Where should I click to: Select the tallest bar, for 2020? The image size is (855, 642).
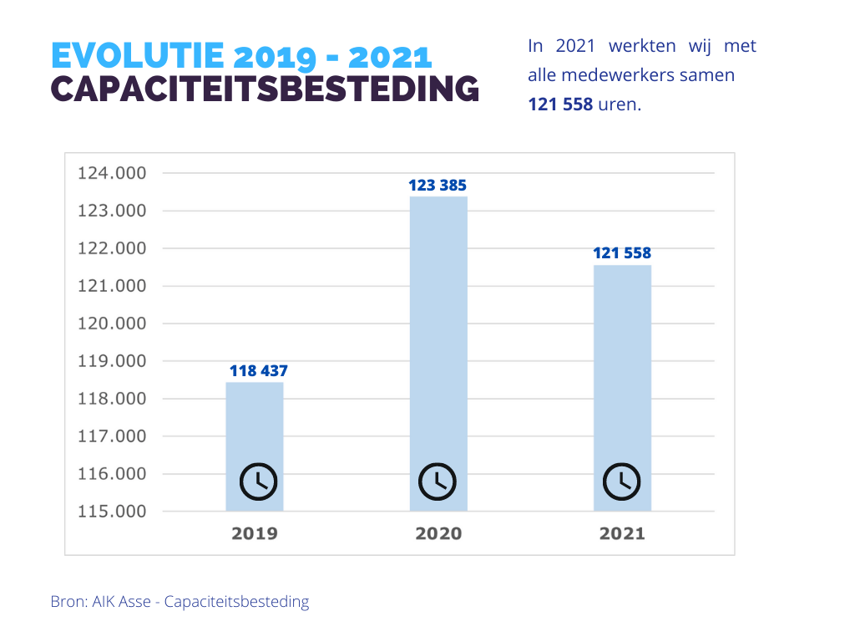coord(438,334)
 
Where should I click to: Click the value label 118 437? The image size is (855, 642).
coord(259,370)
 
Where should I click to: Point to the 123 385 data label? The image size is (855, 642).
coord(438,185)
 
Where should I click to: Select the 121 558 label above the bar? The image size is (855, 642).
coord(622,253)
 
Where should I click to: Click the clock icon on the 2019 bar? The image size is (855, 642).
coord(259,481)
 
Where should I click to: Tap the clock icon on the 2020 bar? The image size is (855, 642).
coord(438,481)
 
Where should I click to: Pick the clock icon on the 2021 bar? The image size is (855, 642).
coord(622,481)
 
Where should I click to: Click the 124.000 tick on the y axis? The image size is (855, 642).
coord(112,173)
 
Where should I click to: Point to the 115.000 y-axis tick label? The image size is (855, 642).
coord(112,512)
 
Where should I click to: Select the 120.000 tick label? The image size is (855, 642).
coord(112,324)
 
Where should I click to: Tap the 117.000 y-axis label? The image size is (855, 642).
coord(112,436)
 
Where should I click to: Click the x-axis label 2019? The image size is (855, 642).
coord(255,533)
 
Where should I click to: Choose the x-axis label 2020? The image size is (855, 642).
coord(438,533)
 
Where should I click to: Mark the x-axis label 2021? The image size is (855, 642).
coord(622,533)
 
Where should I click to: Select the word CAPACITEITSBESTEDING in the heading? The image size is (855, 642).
coord(266,89)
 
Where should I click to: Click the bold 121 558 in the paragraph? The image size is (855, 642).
coord(560,104)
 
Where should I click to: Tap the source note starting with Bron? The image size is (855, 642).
coord(180,602)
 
